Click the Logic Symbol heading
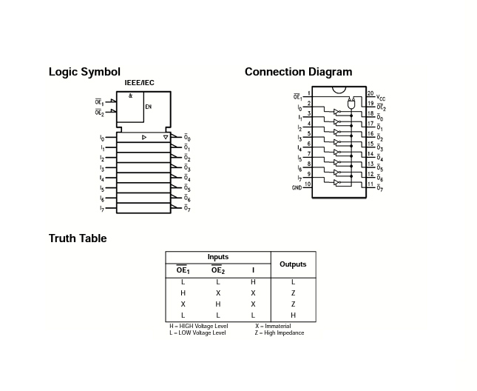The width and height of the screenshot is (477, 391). [x=84, y=72]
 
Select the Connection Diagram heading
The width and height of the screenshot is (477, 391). [x=298, y=72]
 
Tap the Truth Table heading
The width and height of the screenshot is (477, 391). [x=78, y=238]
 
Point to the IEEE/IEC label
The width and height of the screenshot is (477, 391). [x=139, y=82]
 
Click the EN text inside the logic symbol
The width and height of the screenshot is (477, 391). [x=148, y=107]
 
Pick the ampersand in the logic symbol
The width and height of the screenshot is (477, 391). [x=130, y=96]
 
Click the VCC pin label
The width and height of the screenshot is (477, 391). [x=381, y=97]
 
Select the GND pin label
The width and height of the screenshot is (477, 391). [x=297, y=187]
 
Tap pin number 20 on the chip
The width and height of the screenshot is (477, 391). [x=371, y=93]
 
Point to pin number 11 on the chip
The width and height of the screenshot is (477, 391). [x=370, y=184]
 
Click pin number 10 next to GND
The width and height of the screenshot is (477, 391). [x=307, y=183]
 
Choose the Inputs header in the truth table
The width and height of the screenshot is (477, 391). [x=217, y=257]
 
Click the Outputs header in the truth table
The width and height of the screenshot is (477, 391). [x=293, y=264]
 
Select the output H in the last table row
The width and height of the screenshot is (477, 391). [x=293, y=315]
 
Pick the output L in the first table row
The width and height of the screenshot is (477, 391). [x=293, y=282]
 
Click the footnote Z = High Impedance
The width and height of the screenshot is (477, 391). [x=280, y=332]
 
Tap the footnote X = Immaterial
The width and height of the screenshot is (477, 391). [x=273, y=326]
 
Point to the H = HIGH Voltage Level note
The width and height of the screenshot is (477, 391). [x=198, y=326]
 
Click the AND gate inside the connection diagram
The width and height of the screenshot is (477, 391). [x=351, y=104]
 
